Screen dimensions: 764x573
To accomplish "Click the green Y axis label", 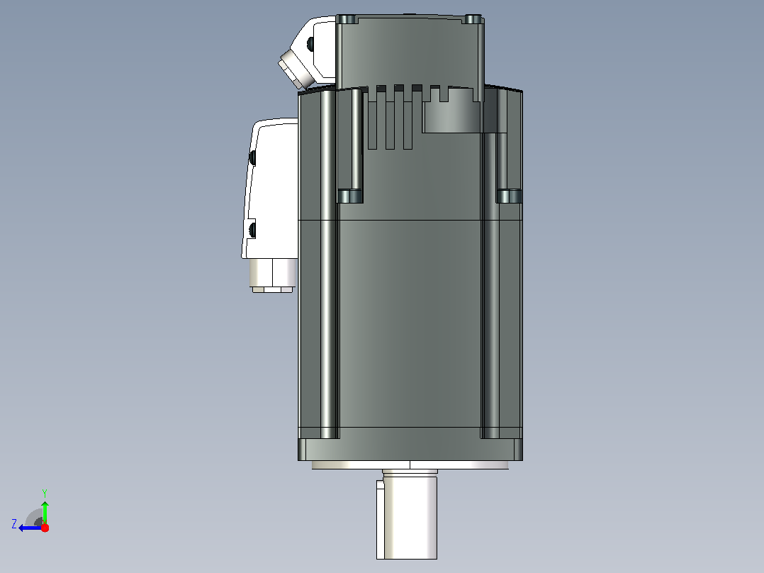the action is tap(45, 493).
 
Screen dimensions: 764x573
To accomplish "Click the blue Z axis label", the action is tap(14, 524).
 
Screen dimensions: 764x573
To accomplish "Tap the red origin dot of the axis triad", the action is tap(45, 528).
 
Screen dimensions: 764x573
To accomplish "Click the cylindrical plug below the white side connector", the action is tap(273, 276).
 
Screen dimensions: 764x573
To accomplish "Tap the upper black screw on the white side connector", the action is tap(252, 157).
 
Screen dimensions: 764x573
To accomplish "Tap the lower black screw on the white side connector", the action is tap(252, 230).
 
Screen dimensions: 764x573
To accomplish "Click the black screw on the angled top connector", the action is tap(310, 45).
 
